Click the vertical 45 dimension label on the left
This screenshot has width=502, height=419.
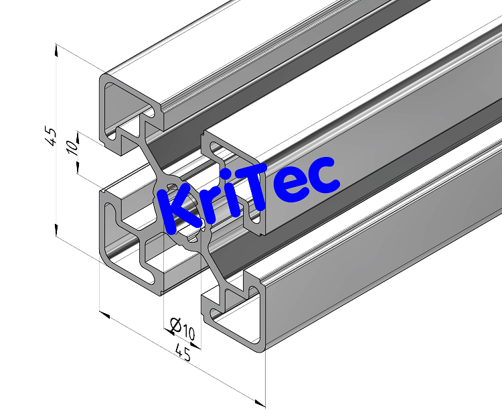point(50,136)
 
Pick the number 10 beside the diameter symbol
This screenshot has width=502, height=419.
point(187,332)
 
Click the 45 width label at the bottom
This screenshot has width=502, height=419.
point(182,353)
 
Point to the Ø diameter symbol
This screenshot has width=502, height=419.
point(174,326)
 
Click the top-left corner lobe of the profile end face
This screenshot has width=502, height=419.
point(114,94)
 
